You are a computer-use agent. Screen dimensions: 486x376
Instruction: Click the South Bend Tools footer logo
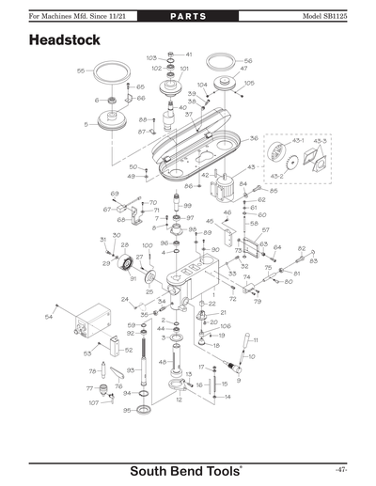(187, 469)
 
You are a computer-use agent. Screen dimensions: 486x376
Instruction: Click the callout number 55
(81, 71)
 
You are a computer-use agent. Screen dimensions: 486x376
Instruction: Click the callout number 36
(254, 138)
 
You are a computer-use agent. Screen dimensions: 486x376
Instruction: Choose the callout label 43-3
(321, 141)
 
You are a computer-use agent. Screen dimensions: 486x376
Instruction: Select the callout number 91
(133, 279)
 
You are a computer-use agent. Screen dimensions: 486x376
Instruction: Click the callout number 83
(313, 260)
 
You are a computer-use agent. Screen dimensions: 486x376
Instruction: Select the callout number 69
(115, 194)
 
